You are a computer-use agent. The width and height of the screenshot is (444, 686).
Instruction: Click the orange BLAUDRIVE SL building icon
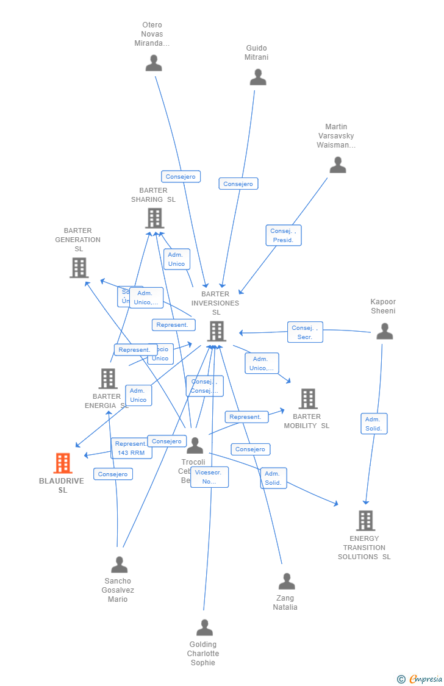coord(63,463)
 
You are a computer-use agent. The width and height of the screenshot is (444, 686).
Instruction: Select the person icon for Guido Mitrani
coord(258,77)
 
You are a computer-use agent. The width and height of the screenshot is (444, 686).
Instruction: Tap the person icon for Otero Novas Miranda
coord(154,63)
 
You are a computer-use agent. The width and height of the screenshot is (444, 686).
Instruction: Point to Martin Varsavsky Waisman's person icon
coord(337,165)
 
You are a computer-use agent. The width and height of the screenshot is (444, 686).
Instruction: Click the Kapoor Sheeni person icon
coord(384,331)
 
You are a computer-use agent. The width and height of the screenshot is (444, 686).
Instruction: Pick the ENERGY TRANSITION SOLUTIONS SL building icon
coord(365,521)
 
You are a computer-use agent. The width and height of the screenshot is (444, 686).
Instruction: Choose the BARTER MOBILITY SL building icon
coord(307,399)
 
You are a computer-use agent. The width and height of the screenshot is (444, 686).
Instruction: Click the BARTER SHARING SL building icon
coord(154,218)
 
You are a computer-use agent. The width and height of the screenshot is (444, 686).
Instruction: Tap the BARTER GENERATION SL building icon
coord(79,268)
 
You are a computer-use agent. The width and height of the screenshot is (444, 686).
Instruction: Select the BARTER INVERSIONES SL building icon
coord(217,331)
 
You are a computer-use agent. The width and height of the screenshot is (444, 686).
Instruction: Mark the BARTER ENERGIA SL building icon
coord(108,379)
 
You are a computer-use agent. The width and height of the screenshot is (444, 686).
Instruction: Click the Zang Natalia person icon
coord(286,581)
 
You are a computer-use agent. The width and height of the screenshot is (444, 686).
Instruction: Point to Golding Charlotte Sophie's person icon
coord(204,627)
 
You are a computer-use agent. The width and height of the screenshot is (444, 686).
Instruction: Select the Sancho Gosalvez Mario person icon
coord(119,565)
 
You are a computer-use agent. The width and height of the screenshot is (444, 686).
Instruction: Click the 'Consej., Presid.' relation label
coord(283,235)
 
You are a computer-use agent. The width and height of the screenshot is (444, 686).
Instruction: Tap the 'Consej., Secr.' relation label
coord(305,332)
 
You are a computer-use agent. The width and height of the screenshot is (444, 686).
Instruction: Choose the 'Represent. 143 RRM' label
coord(131,448)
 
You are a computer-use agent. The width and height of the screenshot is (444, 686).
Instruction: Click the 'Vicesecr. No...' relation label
coord(209,477)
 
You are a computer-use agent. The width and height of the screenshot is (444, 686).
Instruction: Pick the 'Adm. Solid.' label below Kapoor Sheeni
coord(373,424)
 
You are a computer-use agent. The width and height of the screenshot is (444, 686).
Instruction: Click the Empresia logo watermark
coord(420,679)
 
